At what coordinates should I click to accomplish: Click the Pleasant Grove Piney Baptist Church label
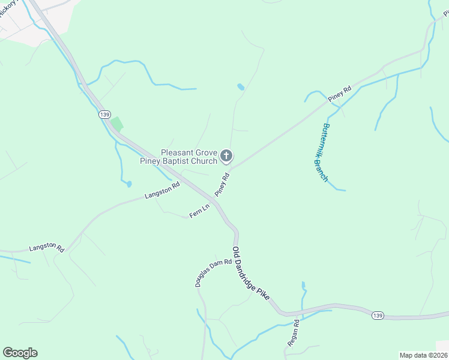[179, 157]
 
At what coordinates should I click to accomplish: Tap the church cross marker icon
[226, 157]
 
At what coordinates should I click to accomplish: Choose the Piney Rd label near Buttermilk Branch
[339, 94]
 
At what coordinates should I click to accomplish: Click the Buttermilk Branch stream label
[322, 153]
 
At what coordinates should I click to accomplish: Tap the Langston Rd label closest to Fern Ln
[162, 191]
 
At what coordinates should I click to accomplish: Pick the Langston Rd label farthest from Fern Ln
[47, 247]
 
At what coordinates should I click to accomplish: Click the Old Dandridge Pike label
[252, 274]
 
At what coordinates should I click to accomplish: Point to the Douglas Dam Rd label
[213, 272]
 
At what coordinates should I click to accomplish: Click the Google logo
[20, 353]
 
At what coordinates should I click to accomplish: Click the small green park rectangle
[116, 124]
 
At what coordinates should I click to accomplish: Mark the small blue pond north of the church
[241, 87]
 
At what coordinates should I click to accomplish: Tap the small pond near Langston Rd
[128, 184]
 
